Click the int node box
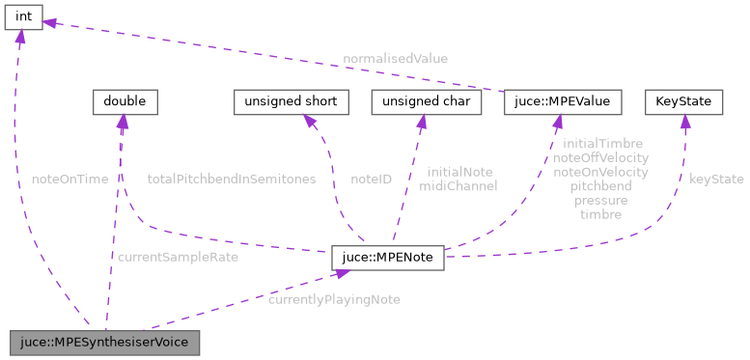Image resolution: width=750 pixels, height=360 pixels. pyautogui.click(x=23, y=16)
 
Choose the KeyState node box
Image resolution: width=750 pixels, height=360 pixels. pyautogui.click(x=683, y=100)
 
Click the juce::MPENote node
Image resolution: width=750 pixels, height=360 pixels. pyautogui.click(x=387, y=258)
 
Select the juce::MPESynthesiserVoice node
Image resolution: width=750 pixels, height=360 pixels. pyautogui.click(x=104, y=342)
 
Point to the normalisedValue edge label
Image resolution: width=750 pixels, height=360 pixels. pyautogui.click(x=396, y=59)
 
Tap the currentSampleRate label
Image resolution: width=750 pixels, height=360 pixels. pyautogui.click(x=178, y=257)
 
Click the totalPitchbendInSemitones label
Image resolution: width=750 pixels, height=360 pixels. pyautogui.click(x=231, y=179)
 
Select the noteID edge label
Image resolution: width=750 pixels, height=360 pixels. pyautogui.click(x=371, y=179)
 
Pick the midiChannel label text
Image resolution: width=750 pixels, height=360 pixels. pyautogui.click(x=458, y=185)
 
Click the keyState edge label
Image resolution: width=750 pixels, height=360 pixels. pyautogui.click(x=716, y=179)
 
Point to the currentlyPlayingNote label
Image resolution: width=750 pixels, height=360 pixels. pyautogui.click(x=334, y=299)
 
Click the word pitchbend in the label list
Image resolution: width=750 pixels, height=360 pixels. pyautogui.click(x=600, y=185)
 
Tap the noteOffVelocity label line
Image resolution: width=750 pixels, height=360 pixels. pyautogui.click(x=600, y=156)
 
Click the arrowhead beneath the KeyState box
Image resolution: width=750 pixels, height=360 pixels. pyautogui.click(x=683, y=121)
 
